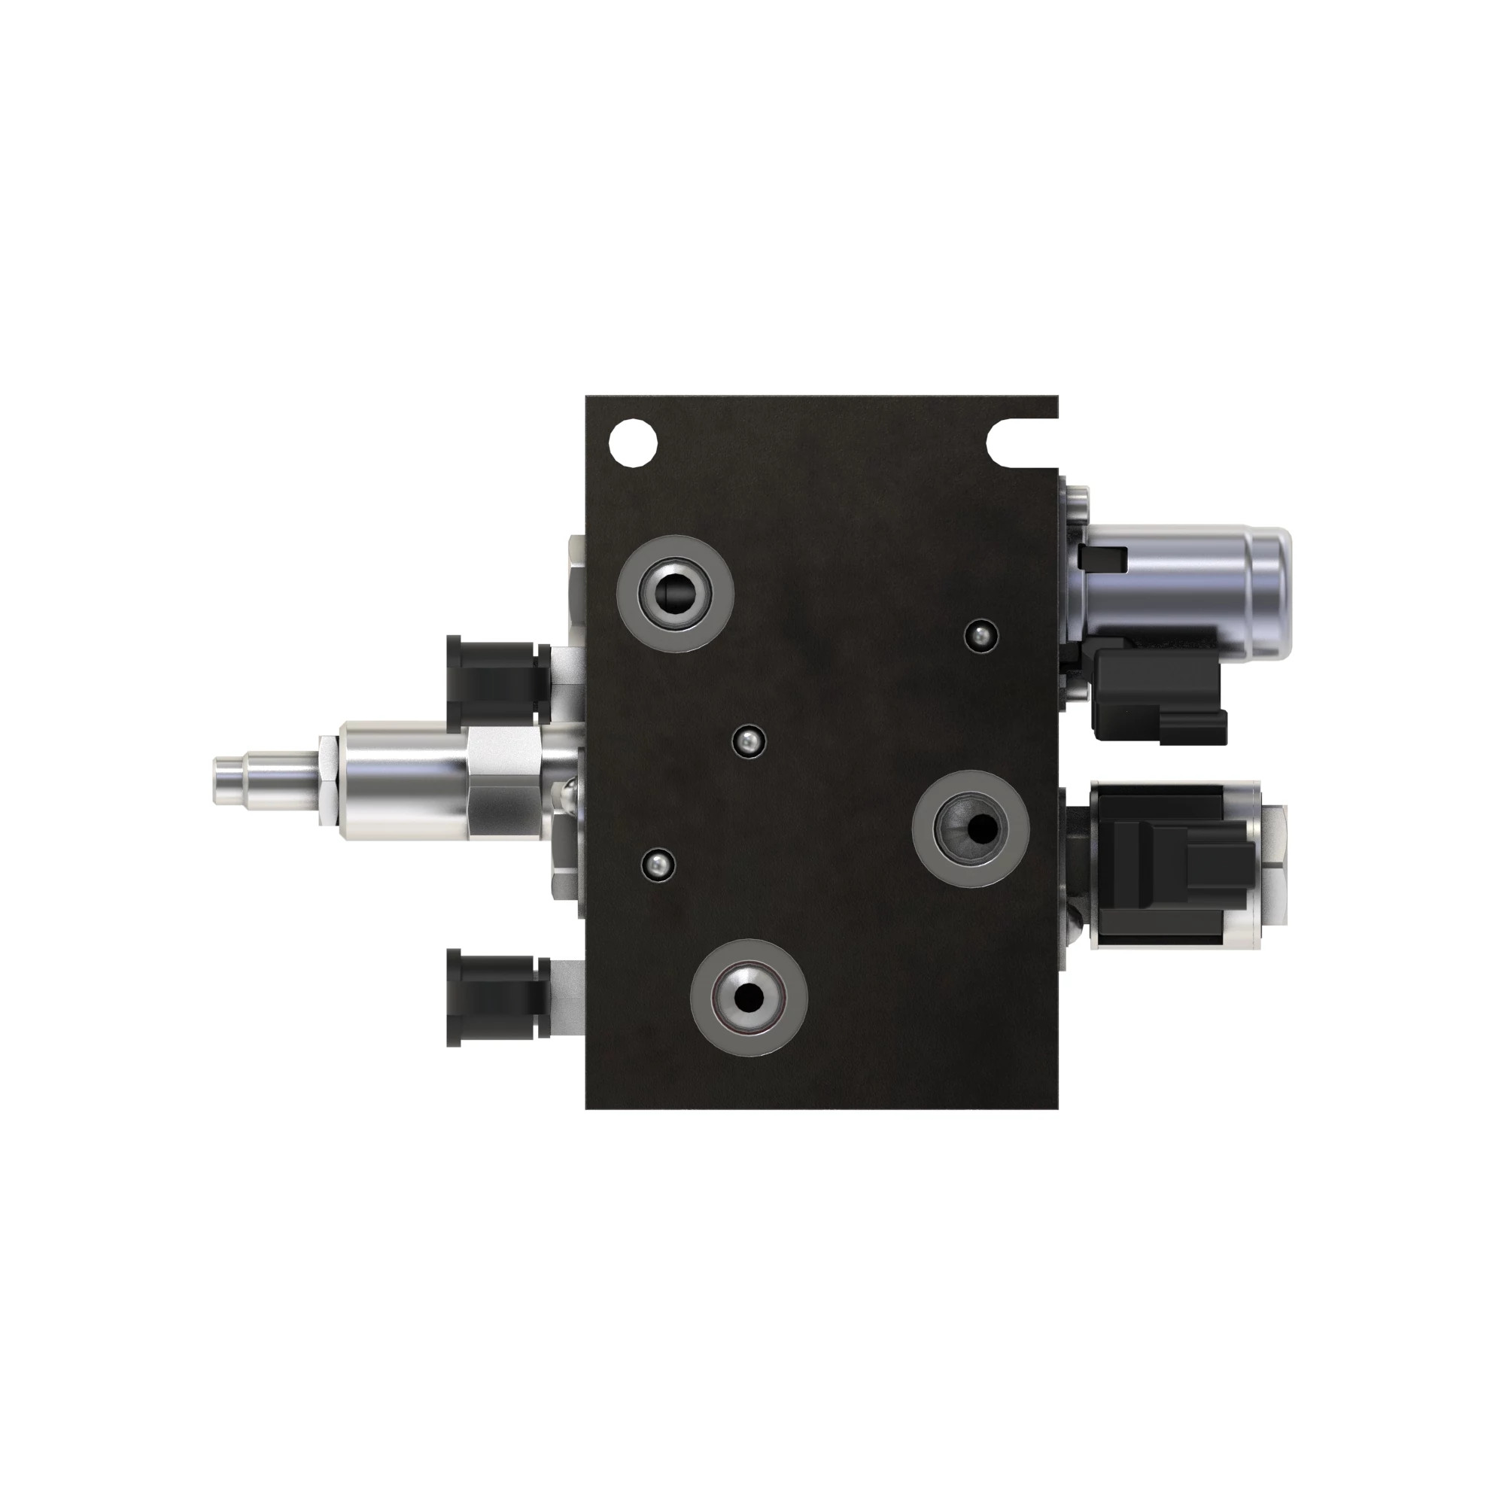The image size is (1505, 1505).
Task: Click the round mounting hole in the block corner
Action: pos(633,442)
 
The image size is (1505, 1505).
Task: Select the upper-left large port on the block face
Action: pos(674,594)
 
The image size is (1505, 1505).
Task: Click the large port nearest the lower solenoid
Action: pos(970,828)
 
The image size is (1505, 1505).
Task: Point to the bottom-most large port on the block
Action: pos(749,997)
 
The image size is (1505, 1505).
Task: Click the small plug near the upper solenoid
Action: pos(981,637)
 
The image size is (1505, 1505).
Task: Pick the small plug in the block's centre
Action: pos(749,740)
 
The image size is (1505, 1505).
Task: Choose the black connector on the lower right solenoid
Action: pos(1169,865)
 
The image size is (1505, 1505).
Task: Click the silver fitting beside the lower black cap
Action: pos(567,997)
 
